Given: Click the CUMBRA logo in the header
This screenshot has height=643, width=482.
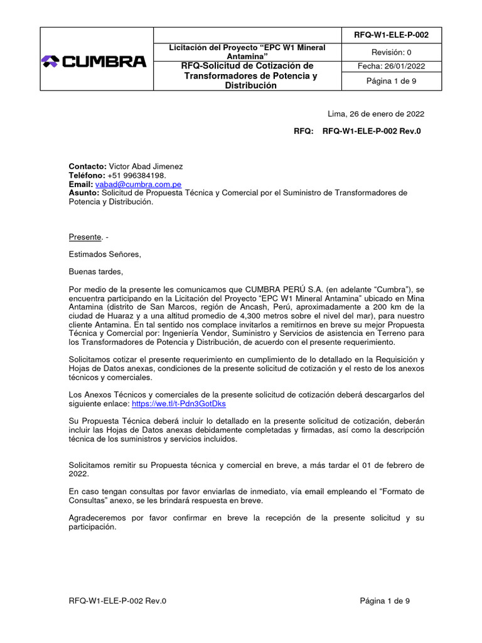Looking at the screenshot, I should coord(94,62).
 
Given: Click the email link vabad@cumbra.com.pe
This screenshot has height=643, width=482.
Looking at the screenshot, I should coord(138,185).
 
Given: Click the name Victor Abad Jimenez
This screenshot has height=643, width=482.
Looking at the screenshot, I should coord(146,166).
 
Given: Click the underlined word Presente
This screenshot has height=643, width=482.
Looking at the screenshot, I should coord(85,237).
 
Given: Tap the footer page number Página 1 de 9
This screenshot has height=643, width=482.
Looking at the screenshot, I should coord(385,601).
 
